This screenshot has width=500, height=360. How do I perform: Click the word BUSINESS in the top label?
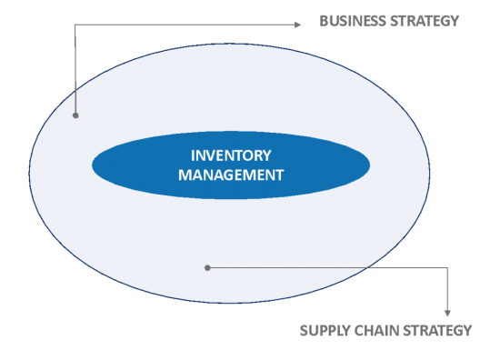tap(350, 20)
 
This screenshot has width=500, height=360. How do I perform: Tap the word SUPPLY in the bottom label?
tap(324, 330)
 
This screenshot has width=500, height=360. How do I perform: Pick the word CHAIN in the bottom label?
tap(374, 330)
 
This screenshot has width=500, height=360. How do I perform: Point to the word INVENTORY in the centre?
tap(231, 155)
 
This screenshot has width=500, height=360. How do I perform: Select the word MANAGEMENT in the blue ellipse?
tap(231, 175)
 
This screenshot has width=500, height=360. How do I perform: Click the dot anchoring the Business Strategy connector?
tap(75, 116)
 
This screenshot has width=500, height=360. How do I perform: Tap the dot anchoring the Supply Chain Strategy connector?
tap(208, 267)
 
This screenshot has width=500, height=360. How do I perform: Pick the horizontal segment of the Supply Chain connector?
tap(327, 267)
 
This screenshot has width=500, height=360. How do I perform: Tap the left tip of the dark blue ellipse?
tap(93, 165)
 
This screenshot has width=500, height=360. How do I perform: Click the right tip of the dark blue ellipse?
tap(369, 165)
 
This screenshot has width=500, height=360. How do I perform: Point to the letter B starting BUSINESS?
tap(324, 20)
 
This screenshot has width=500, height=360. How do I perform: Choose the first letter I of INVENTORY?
tap(192, 155)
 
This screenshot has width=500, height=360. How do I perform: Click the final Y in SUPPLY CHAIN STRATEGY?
tap(466, 330)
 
